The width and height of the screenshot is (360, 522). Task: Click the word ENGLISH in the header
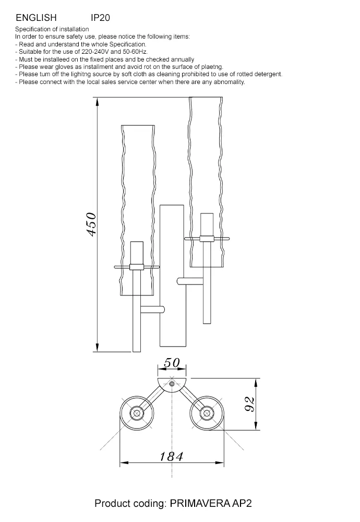tap(37, 18)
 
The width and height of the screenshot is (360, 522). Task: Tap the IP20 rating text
tap(100, 18)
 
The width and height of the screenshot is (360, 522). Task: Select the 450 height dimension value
tap(91, 224)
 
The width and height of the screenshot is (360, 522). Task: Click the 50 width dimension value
tap(172, 363)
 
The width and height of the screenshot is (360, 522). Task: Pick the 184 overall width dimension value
tap(171, 456)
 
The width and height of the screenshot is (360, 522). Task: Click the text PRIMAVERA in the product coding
tap(200, 503)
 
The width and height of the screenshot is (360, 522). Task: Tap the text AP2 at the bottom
tap(242, 503)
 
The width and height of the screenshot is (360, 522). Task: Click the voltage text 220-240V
tap(95, 52)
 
